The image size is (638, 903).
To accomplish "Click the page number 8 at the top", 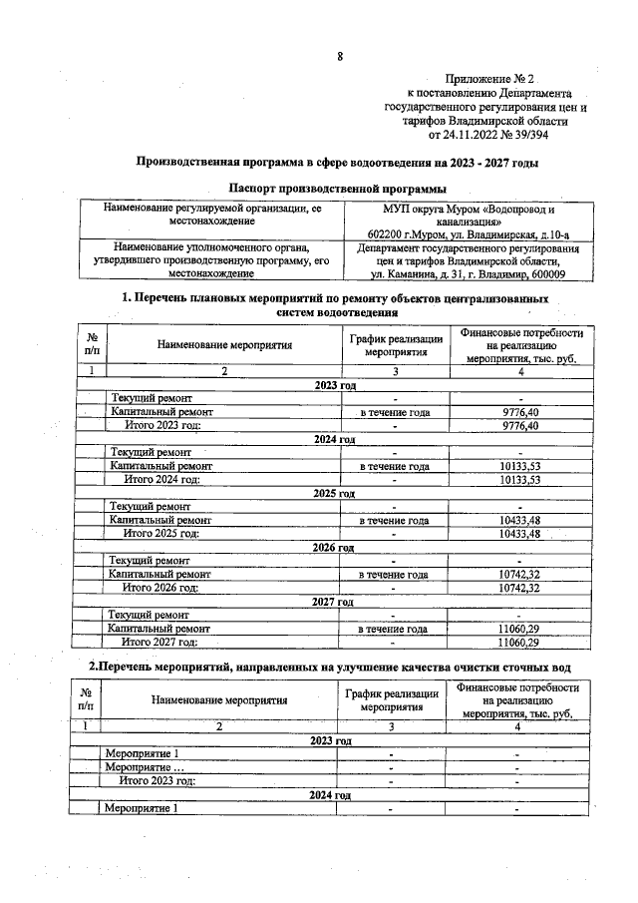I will tap(340, 57).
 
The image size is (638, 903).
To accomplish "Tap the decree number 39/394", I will tap(527, 134).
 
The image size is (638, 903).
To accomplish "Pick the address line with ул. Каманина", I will tap(467, 274).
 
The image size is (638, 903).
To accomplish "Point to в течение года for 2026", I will tap(394, 575).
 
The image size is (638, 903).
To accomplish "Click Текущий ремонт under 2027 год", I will tap(150, 616).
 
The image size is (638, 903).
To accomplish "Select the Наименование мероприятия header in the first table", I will tap(224, 345).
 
